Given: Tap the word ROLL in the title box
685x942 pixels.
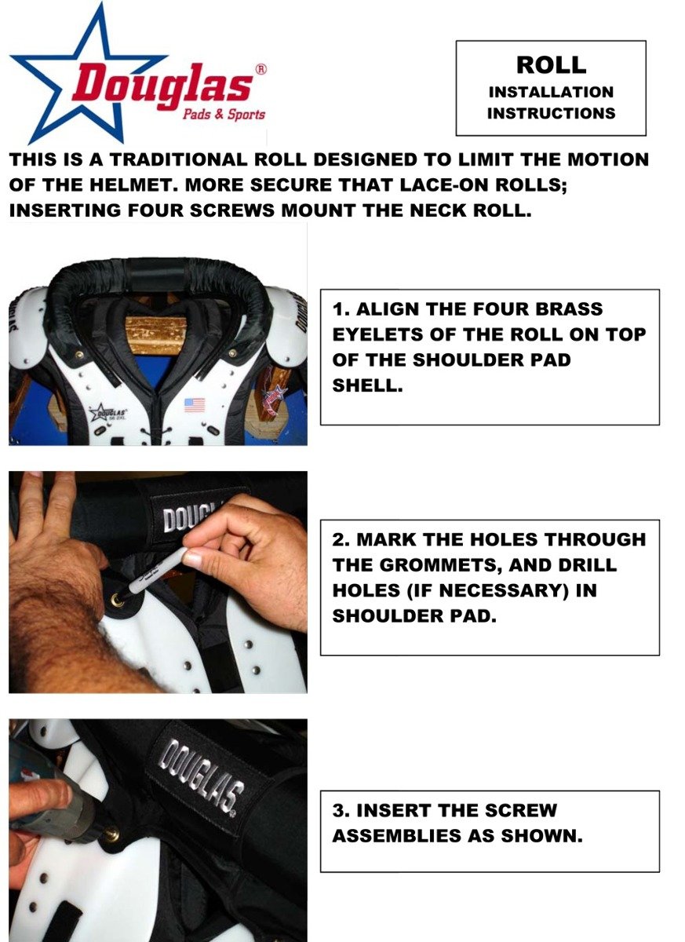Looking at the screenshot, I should point(551,65).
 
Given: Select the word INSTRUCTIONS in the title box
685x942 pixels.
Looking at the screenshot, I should point(551,113).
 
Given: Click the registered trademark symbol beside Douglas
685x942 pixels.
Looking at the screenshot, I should point(261,68).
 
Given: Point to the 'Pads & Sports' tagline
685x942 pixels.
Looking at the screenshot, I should point(223,115).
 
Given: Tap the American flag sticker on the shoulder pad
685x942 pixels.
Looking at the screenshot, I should point(194,405).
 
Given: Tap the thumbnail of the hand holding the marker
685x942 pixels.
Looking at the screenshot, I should point(191,559).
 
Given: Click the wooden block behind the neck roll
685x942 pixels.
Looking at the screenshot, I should point(155,335).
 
